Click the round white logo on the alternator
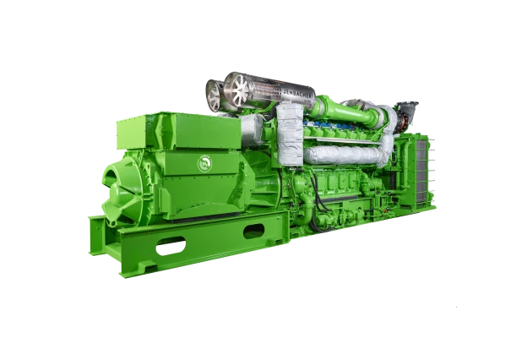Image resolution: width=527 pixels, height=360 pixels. coord(204,162)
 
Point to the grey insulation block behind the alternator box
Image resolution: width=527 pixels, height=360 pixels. coord(251,128)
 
